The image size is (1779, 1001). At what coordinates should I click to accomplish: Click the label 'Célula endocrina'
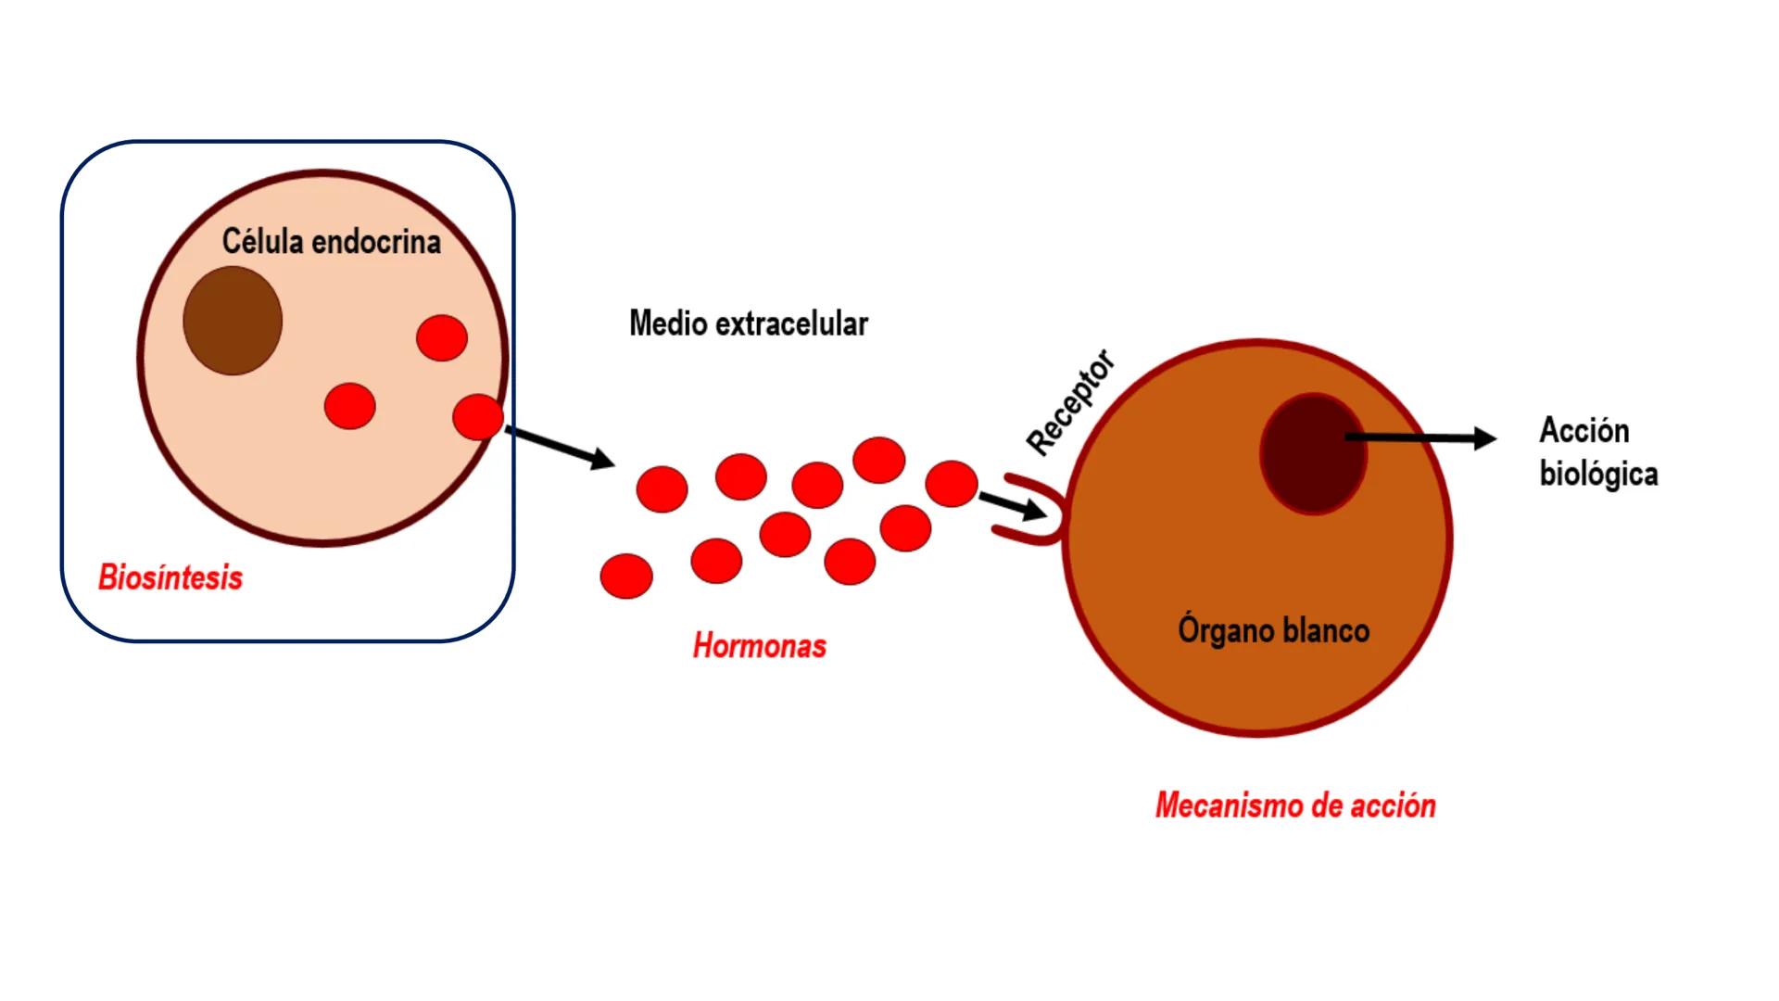tap(331, 242)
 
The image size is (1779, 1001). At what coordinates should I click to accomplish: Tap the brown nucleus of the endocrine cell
tap(233, 321)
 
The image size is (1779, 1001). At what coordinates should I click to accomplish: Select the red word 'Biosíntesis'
tap(170, 577)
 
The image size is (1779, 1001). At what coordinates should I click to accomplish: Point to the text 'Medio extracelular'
tap(748, 323)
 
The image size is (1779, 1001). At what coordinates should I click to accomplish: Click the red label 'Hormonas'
tap(759, 646)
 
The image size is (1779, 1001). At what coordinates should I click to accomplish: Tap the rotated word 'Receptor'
tap(1071, 403)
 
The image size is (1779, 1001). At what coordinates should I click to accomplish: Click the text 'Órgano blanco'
tap(1273, 630)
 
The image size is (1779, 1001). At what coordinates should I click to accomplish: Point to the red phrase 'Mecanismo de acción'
tap(1295, 805)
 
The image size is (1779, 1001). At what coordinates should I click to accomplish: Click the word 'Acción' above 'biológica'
tap(1583, 431)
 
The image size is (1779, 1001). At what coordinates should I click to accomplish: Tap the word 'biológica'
tap(1598, 474)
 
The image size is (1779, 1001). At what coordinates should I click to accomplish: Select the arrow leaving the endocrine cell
tap(560, 447)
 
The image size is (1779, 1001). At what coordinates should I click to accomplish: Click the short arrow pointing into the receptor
tap(1011, 506)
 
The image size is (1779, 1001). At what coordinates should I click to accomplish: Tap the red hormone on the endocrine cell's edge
tap(478, 416)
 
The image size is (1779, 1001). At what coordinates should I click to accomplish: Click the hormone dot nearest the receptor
tap(952, 484)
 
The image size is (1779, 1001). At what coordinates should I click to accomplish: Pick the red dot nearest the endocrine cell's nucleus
tap(350, 406)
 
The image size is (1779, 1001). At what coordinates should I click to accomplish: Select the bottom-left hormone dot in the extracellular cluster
tap(626, 576)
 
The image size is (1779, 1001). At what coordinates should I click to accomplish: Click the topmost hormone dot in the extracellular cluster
tap(878, 460)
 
